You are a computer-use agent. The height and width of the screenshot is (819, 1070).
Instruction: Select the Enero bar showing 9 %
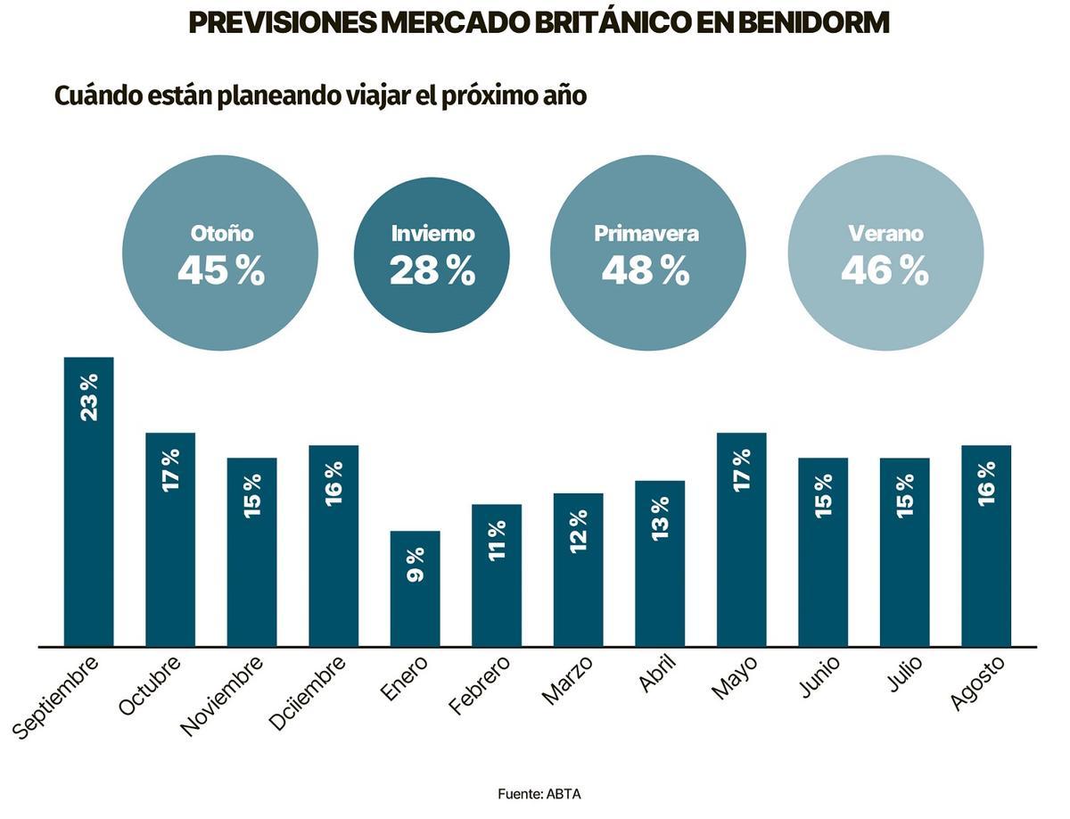point(415,589)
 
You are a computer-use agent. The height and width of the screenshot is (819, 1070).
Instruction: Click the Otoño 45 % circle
point(220,253)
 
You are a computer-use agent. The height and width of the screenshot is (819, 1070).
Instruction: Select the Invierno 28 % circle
point(432,255)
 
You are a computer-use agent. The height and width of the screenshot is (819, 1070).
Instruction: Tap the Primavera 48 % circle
point(647,253)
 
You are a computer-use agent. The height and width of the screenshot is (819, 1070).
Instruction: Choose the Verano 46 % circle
point(885,253)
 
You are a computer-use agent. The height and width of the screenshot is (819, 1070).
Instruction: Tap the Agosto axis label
point(977,682)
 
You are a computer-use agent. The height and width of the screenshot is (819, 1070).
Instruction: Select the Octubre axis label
point(150,684)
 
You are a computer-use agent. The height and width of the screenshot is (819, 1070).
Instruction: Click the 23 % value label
point(88,397)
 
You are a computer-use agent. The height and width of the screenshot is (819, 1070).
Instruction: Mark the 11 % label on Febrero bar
point(497,540)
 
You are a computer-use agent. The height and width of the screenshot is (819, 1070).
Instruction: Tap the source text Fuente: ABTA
point(539,793)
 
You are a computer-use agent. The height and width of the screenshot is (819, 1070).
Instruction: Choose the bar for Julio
point(904,552)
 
